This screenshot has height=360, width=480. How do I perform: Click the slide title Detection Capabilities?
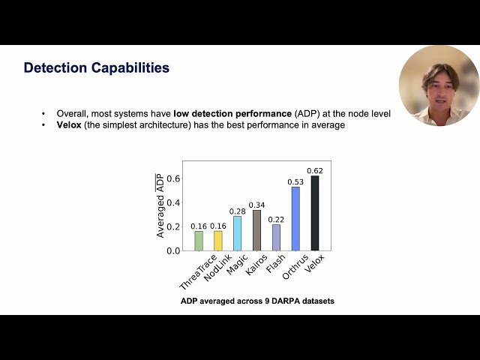pos(97,68)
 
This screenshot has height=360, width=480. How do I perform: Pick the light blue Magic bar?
pos(238,233)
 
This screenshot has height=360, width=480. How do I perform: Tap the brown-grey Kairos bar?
pos(257,229)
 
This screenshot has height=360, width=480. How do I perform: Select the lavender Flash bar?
pos(276,237)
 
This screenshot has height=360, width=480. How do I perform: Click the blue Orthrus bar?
pos(295,218)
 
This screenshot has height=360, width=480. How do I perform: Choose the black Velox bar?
pos(315,213)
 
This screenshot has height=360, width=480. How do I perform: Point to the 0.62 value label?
pos(315,171)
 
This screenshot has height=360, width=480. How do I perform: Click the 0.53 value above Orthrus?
pos(295,181)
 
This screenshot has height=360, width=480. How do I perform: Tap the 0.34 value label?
pos(257,205)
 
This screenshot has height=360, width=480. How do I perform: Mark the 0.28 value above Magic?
pos(238,211)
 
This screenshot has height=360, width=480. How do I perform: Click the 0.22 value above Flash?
pos(276,219)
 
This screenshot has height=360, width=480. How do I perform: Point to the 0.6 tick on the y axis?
pos(173,178)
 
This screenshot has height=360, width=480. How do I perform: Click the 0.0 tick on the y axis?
pos(173,250)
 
